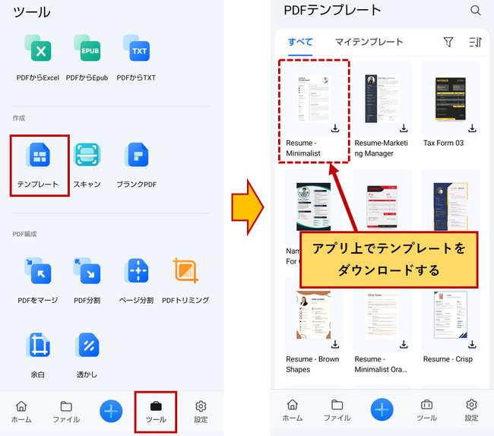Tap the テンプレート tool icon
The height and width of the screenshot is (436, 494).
click(39, 156)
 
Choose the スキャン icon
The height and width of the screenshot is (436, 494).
click(87, 156)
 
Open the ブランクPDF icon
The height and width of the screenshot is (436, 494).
click(137, 156)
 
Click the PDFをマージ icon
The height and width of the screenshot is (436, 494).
click(38, 270)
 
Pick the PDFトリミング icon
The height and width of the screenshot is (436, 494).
click(185, 270)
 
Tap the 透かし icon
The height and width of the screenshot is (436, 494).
click(87, 346)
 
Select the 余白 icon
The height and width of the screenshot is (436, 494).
click(38, 346)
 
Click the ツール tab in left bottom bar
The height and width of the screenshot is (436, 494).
click(156, 412)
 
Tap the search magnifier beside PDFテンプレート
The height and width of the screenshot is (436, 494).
click(476, 11)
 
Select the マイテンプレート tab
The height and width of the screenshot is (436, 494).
click(369, 42)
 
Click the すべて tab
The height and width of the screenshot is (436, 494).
click(300, 42)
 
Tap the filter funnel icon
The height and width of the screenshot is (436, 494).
click(448, 43)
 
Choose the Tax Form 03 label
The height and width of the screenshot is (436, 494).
click(443, 143)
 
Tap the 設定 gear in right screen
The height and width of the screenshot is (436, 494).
click(471, 410)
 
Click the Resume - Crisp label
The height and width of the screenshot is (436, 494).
click(448, 359)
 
